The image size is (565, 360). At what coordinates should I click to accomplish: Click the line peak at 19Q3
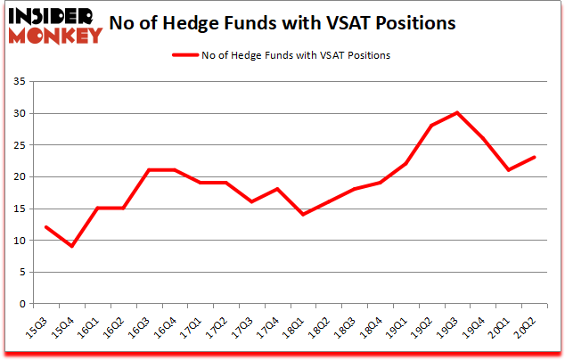tap(457, 113)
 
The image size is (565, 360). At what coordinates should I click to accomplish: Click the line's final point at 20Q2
tap(535, 158)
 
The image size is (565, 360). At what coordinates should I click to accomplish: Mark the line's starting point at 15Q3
tap(45, 227)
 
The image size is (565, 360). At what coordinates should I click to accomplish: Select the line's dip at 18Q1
tap(303, 215)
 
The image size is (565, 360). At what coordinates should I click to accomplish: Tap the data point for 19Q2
tap(431, 126)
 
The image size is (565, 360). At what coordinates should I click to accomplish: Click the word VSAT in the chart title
tap(378, 24)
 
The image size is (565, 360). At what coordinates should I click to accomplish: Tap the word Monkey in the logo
tap(55, 37)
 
